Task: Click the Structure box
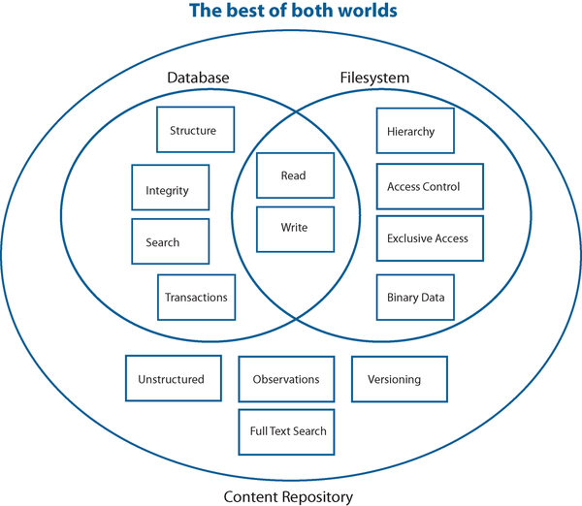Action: click(195, 130)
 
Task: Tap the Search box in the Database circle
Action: click(171, 241)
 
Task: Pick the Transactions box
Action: click(197, 298)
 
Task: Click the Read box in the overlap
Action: click(295, 175)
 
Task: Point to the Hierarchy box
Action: click(414, 131)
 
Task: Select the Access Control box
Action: click(429, 186)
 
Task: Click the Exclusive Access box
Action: click(429, 239)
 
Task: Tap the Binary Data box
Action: click(415, 298)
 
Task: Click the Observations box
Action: click(286, 379)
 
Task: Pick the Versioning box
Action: click(399, 379)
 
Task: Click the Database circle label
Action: click(198, 78)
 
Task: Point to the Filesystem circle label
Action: click(374, 78)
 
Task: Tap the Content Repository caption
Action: click(288, 496)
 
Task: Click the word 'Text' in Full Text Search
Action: click(286, 431)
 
